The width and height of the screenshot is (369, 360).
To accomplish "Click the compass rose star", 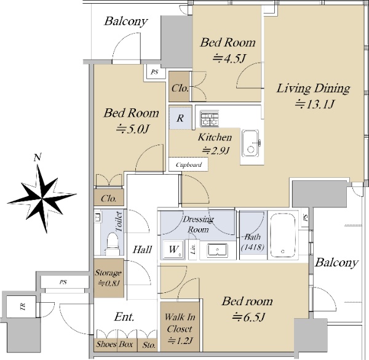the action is point(42,199).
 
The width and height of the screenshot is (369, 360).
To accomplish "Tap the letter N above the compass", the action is point(38,158).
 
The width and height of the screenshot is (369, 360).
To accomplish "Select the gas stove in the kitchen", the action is point(210,118).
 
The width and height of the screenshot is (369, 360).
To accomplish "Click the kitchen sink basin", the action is point(251,143).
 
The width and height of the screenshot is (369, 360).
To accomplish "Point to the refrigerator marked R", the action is point(180,118).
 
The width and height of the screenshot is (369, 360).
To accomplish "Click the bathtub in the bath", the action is point(283,236).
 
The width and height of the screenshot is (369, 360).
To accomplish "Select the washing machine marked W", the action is point(173,250).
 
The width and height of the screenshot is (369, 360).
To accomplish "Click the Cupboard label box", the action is point(189,164).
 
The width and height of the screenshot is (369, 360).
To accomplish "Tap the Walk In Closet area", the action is point(180,327).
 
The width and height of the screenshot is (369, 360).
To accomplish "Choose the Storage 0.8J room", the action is point(109,278).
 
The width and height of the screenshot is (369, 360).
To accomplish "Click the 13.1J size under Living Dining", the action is point(314,104).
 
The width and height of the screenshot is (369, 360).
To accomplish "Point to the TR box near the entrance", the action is point(22,306).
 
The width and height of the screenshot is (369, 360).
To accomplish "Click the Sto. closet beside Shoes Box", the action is point(148,345).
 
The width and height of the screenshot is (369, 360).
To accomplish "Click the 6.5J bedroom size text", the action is point(248,318).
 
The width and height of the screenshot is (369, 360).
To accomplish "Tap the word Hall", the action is point(143,250).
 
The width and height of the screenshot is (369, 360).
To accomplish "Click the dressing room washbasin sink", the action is point(217,250).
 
